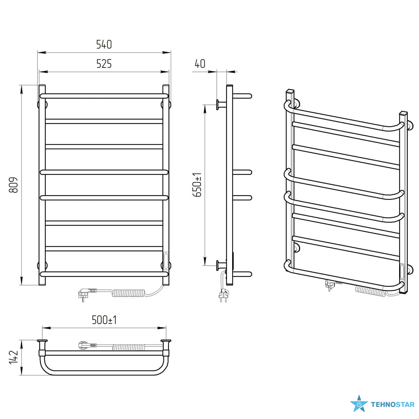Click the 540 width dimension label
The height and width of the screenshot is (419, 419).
(104, 44)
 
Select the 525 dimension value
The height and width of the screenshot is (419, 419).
(104, 64)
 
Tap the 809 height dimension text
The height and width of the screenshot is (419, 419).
(13, 185)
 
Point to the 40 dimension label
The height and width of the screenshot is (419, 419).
(200, 64)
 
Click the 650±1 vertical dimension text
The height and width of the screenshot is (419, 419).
(197, 185)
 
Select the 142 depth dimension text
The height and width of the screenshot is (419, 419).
(13, 360)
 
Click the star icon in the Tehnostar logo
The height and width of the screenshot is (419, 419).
(359, 404)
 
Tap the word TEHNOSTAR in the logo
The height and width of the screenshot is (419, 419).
(393, 405)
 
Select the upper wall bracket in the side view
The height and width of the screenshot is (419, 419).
(221, 105)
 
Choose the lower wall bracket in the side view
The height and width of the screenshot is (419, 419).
(221, 265)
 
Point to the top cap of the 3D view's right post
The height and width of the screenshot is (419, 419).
(403, 113)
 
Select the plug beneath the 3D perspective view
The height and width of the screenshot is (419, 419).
(329, 285)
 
